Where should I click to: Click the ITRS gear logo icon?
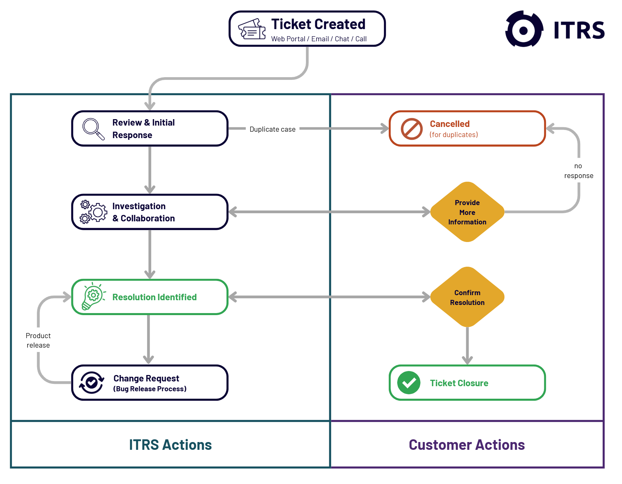coord(524,29)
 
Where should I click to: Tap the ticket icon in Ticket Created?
coord(252,29)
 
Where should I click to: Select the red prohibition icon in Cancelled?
coord(411,129)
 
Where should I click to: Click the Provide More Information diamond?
coord(467,212)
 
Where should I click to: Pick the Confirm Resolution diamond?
coord(467,297)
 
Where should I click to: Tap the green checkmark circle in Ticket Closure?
coord(409,383)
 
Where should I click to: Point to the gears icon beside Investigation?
coord(93,212)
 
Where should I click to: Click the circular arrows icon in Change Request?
coord(91,382)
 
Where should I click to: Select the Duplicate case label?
coord(272,129)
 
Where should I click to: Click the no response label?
coord(578,171)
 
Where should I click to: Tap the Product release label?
coord(38,340)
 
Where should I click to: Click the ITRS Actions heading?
coord(170,445)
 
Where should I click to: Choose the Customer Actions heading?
coord(466,445)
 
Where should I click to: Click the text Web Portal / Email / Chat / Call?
coord(319,39)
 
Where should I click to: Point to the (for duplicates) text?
coord(454,135)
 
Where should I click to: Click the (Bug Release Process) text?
coord(150,389)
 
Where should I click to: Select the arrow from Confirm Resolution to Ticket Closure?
coord(467,345)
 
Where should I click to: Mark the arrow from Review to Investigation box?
coord(150,169)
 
